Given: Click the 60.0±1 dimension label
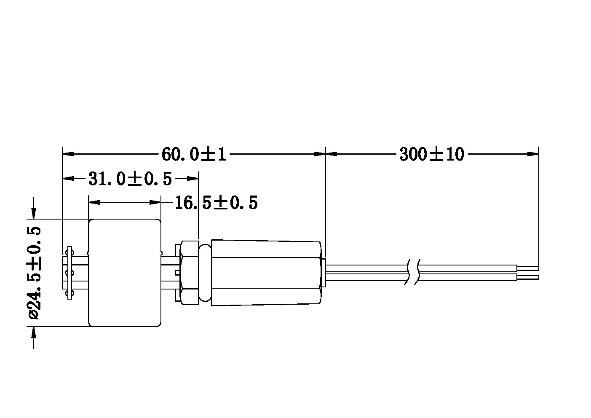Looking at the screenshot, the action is coord(194,154).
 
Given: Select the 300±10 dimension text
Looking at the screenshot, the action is coord(432,154).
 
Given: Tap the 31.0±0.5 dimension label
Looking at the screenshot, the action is coord(130,179).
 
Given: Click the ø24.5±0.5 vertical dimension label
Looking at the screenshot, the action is coord(34,273).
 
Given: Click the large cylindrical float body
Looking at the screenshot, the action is coord(125,273).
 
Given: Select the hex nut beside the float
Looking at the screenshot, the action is coord(189,273).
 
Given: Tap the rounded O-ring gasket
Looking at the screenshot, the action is coord(205,273).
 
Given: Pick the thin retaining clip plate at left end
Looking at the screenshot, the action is coord(70,273).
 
